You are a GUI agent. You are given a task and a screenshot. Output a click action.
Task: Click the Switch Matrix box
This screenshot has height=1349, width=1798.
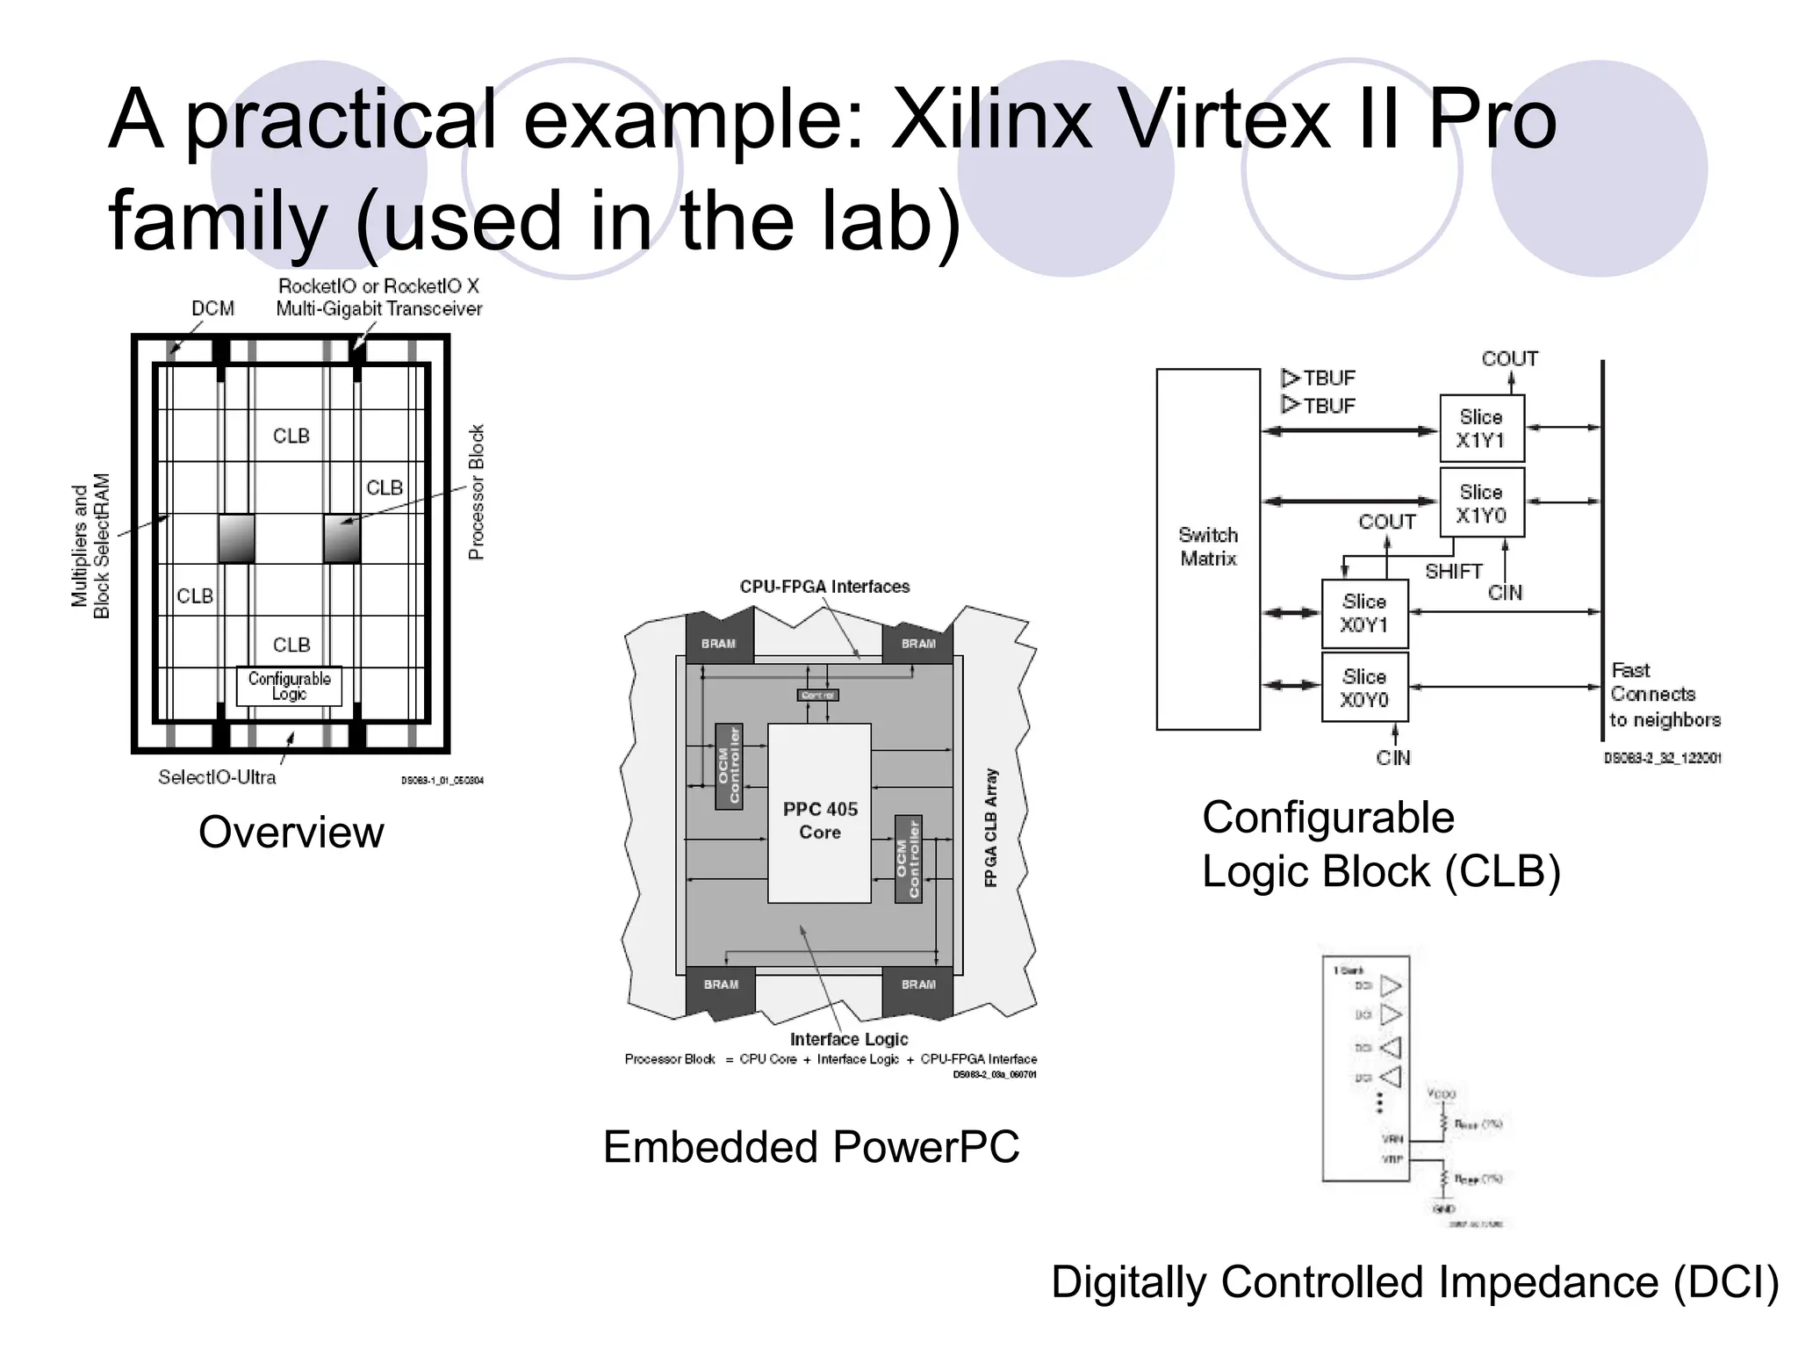pyautogui.click(x=1208, y=548)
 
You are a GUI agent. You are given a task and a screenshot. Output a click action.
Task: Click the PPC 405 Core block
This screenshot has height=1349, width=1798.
pyautogui.click(x=819, y=813)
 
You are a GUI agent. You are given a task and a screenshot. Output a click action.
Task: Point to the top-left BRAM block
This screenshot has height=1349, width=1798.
pyautogui.click(x=719, y=643)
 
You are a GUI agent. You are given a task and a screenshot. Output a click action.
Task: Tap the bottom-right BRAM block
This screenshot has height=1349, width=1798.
pyautogui.click(x=917, y=985)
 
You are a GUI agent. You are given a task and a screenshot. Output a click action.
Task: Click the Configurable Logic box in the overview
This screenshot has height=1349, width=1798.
pyautogui.click(x=289, y=686)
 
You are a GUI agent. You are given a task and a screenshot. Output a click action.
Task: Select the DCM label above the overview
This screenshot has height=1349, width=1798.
pyautogui.click(x=213, y=308)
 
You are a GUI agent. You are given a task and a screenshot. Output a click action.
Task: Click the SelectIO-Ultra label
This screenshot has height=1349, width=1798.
pyautogui.click(x=217, y=777)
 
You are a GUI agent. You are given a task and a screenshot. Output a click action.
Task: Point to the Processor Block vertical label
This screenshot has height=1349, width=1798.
pyautogui.click(x=476, y=492)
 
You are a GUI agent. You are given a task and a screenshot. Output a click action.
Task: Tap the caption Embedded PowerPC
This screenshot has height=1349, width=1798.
pyautogui.click(x=811, y=1147)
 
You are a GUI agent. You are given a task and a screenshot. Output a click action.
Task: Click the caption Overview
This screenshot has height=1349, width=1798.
pyautogui.click(x=291, y=832)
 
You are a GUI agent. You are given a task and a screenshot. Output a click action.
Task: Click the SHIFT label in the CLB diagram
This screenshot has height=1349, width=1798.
pyautogui.click(x=1453, y=572)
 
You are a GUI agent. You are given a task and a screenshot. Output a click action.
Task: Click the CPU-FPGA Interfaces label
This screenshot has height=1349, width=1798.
pyautogui.click(x=824, y=587)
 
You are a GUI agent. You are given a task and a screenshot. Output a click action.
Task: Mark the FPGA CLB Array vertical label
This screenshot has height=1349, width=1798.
pyautogui.click(x=991, y=827)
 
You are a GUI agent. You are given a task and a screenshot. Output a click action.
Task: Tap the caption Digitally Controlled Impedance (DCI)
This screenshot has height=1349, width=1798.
pyautogui.click(x=1414, y=1281)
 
